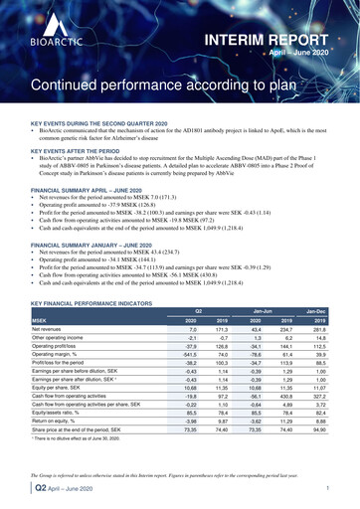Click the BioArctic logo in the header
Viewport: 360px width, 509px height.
coord(41,42)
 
